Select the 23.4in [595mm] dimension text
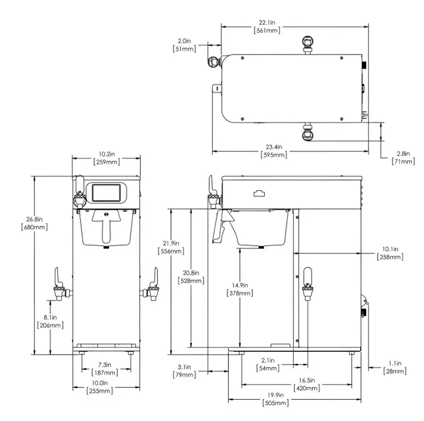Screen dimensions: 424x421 (274, 151)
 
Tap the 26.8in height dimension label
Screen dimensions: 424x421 (34, 223)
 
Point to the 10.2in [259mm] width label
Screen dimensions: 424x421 (106, 158)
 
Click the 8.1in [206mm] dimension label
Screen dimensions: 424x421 (50, 321)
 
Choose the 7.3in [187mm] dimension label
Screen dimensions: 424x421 (105, 369)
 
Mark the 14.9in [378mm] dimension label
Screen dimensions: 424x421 (240, 289)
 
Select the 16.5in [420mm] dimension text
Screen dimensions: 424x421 (307, 384)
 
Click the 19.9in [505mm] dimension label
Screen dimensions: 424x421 (276, 399)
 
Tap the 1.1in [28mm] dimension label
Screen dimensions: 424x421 (395, 367)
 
